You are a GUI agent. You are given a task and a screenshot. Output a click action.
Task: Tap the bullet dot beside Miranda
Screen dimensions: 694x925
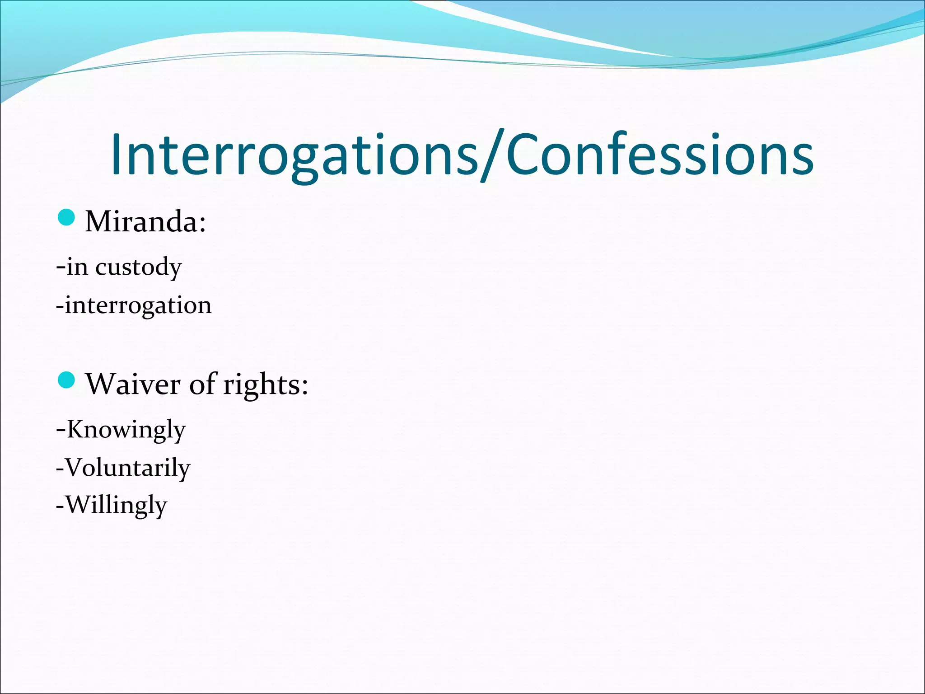point(66,218)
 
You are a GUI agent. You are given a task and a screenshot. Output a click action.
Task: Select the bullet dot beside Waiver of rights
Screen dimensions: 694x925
point(66,380)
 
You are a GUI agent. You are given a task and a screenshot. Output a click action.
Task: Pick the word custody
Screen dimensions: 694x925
point(138,267)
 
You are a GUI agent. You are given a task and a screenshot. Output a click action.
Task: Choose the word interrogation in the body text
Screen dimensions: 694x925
point(138,305)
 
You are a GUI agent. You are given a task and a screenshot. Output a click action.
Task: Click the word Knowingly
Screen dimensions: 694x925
point(126,430)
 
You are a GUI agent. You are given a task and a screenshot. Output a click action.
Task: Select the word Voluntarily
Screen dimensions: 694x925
point(128,468)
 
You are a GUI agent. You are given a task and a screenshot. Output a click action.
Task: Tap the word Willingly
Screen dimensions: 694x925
point(117,505)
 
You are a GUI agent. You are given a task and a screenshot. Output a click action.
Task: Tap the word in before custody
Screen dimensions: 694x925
point(77,266)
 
